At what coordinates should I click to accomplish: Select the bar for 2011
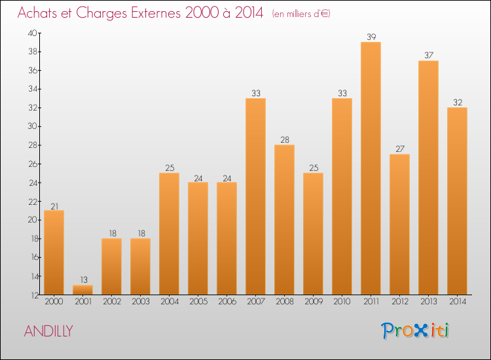[371, 168]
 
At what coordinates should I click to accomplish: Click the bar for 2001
[82, 289]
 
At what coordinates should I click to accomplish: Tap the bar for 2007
[255, 196]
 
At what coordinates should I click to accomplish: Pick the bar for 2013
[428, 177]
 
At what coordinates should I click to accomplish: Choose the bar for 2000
[54, 252]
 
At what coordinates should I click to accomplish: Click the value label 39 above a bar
[371, 37]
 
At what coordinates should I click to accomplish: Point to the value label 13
[82, 279]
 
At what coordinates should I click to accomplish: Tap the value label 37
[428, 55]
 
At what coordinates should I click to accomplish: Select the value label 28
[284, 139]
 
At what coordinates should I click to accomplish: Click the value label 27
[399, 149]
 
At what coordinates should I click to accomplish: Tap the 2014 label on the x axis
[457, 302]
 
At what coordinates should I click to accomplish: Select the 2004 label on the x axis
[169, 302]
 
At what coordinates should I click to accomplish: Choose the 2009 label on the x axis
[313, 302]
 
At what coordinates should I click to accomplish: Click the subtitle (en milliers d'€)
[301, 14]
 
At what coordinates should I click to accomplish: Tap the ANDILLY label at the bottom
[48, 331]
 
